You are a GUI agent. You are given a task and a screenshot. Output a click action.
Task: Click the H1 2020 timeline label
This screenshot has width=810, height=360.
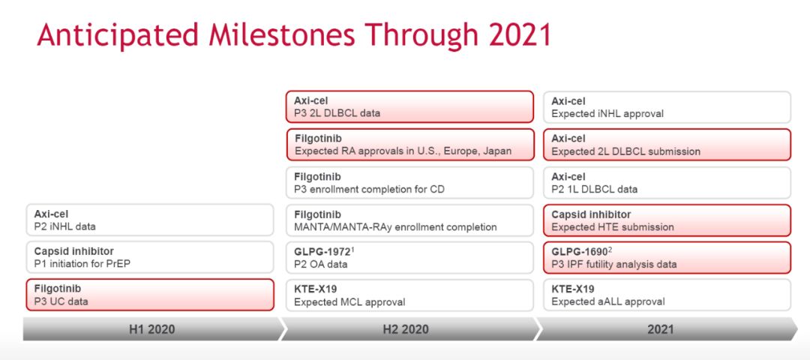tap(151, 329)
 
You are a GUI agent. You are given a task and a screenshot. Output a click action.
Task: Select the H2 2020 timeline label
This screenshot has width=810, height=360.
tap(405, 329)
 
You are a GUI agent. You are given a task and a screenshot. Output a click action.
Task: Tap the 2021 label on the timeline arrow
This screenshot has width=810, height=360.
tap(661, 329)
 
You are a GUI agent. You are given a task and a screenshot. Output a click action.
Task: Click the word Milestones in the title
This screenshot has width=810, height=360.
tap(280, 35)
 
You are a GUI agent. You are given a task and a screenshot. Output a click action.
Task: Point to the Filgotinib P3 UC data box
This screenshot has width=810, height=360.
tap(150, 295)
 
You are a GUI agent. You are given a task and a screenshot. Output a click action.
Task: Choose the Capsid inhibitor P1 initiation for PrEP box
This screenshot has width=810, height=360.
tap(150, 257)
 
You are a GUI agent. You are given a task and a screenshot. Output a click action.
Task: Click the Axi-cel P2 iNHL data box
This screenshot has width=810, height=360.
tap(150, 220)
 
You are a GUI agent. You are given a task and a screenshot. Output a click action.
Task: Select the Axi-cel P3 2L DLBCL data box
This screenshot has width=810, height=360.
tap(409, 107)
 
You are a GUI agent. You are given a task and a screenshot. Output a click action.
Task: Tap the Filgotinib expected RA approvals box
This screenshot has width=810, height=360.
tap(409, 145)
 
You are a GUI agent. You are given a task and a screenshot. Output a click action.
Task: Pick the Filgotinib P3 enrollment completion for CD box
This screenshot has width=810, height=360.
tap(409, 182)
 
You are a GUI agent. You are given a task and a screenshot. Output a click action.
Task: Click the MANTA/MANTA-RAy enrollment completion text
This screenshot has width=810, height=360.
tap(395, 226)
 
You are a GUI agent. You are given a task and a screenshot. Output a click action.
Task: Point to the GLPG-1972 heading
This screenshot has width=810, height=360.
tap(323, 252)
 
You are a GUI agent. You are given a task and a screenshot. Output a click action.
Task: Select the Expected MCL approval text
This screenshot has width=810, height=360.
tap(349, 302)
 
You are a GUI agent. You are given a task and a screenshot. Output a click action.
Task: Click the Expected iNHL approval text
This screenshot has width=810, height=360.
tap(607, 114)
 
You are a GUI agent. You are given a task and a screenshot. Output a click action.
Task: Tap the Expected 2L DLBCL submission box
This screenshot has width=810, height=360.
tap(667, 145)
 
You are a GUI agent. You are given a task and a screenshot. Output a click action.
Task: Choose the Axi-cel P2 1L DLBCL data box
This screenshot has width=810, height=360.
tap(667, 182)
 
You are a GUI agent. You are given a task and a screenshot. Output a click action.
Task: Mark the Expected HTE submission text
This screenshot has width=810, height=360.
tap(613, 226)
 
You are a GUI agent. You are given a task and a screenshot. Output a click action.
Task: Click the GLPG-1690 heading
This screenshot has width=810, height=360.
tap(581, 252)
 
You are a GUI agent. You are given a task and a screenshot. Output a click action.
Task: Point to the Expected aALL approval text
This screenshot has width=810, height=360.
tap(608, 302)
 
